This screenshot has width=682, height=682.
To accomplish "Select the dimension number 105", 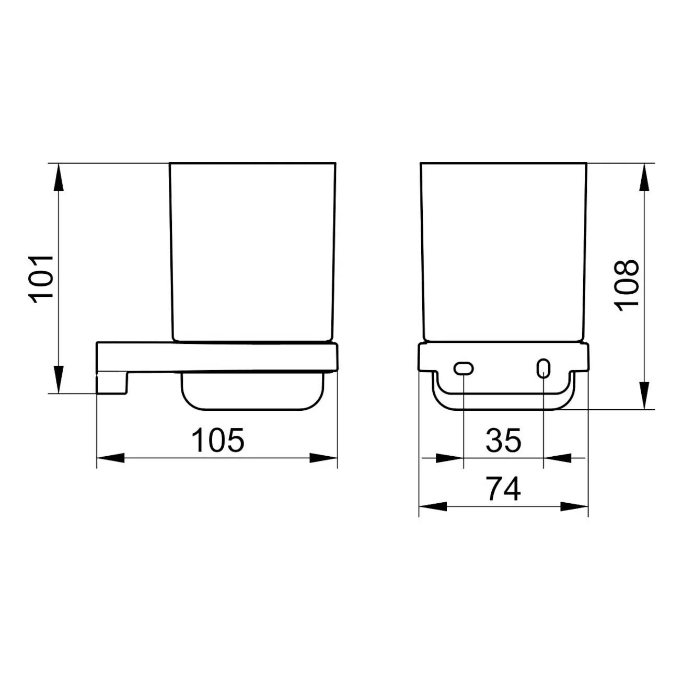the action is [x=217, y=440].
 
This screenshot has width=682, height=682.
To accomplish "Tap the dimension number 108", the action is [x=627, y=286].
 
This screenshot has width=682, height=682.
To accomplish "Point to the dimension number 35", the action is [x=503, y=440].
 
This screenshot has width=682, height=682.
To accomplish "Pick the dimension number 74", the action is [x=503, y=489].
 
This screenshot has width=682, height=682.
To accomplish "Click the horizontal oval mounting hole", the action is [x=463, y=368].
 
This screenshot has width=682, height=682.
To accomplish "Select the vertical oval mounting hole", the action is [x=544, y=368].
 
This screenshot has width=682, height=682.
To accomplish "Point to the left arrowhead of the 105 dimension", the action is [x=110, y=458].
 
